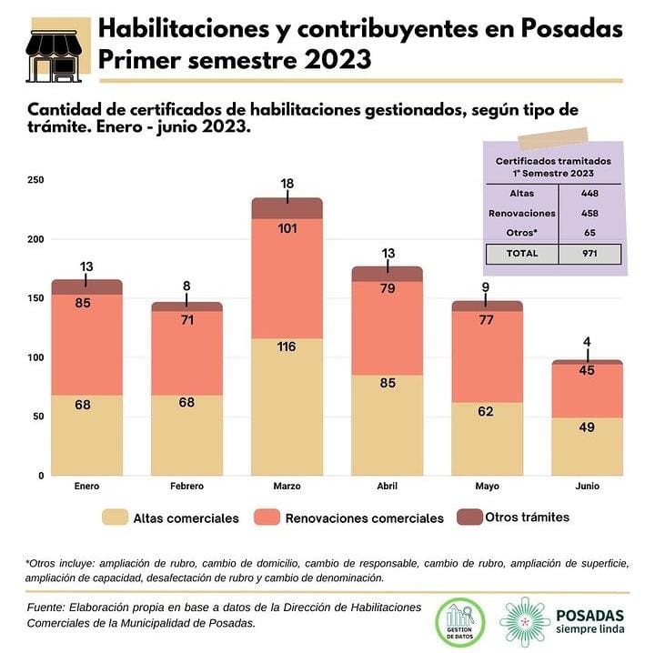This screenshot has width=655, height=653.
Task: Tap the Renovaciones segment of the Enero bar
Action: tap(86, 345)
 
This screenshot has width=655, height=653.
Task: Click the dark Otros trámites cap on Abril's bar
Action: tap(387, 274)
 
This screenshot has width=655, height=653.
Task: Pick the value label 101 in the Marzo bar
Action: tap(287, 228)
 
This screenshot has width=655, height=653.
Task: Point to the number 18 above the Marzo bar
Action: tap(287, 184)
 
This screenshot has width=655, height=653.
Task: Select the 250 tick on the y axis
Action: tap(35, 180)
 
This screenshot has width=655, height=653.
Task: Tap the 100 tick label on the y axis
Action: tap(35, 357)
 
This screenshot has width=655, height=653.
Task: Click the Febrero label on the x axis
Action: tap(186, 487)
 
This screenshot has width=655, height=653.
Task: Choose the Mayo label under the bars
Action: tap(487, 487)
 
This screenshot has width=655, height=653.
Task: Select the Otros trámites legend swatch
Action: tap(469, 517)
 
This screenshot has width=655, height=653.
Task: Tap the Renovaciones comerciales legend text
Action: tap(365, 518)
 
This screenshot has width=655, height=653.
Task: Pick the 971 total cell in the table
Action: tap(589, 254)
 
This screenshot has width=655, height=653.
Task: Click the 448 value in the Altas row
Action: tap(589, 193)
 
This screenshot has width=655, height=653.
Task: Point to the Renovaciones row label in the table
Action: tap(521, 213)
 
